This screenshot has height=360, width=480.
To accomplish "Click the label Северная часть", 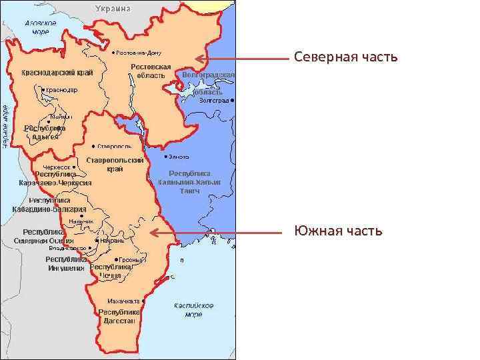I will point(345,58).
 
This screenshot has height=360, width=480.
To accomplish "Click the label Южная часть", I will point(338,231).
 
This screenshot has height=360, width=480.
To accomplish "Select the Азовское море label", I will point(41,27).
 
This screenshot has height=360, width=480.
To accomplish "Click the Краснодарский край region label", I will point(57,72).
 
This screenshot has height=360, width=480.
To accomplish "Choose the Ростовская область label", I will point(151,71).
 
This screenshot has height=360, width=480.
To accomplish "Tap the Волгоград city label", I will point(213,101).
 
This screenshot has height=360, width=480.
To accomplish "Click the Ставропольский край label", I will point(115,165).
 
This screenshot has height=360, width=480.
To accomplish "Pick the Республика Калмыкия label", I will point(189,181).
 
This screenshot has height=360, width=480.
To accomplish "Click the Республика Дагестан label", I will point(119,316).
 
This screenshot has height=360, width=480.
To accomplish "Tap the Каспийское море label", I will point(193,309).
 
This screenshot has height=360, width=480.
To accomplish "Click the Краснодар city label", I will point(62,90).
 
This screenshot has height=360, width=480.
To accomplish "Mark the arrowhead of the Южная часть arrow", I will point(153,233).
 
